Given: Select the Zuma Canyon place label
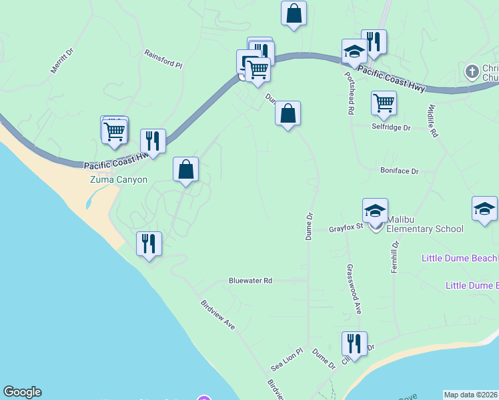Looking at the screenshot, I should (x=119, y=180).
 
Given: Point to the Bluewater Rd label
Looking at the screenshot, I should (x=251, y=281).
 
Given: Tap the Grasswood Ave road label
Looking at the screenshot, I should (x=353, y=289).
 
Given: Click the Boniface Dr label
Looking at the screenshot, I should (x=399, y=171).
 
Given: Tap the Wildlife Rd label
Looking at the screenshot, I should (x=432, y=120).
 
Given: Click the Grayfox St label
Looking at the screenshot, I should (x=346, y=228).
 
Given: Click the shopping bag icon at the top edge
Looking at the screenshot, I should (x=294, y=13).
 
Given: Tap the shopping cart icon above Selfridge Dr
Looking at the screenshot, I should (x=384, y=103).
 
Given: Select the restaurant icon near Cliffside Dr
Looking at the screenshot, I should (x=354, y=343).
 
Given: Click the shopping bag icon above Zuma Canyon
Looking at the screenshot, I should (x=186, y=169).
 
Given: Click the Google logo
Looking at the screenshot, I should (x=22, y=392).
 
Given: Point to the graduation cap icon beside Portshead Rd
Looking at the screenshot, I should (x=354, y=50).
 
